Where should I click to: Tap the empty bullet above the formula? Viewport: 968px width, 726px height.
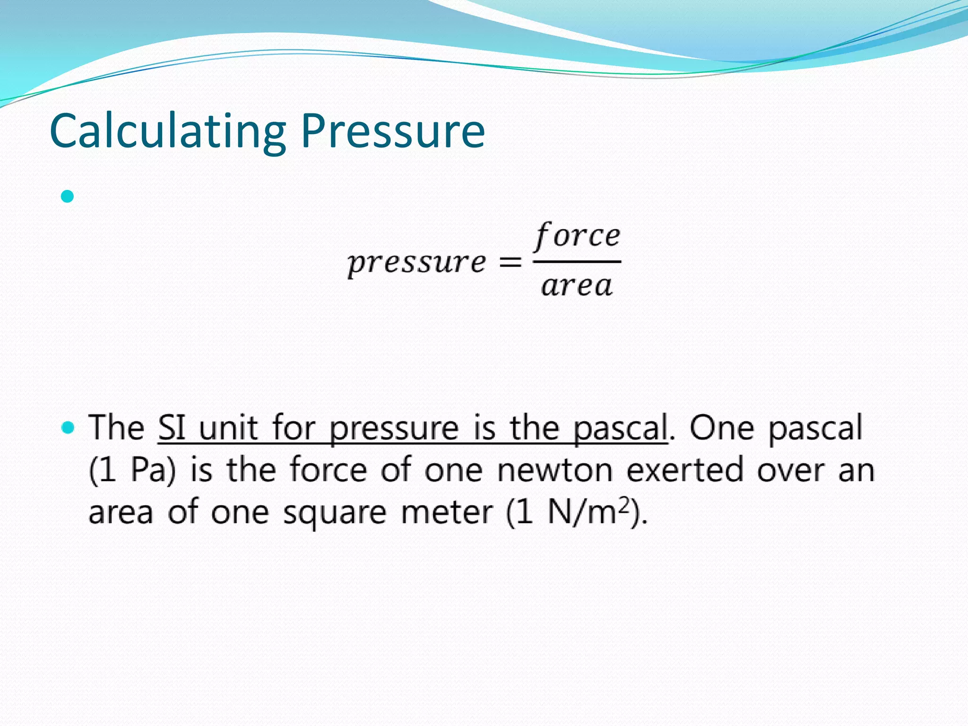(x=68, y=196)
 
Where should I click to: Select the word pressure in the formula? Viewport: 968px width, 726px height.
(x=416, y=263)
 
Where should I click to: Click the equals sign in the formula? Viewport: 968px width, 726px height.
(x=510, y=261)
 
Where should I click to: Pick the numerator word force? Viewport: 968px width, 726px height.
(x=577, y=236)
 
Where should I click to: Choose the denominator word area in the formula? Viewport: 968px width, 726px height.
(x=577, y=286)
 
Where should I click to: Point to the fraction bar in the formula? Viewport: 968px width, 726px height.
(x=577, y=261)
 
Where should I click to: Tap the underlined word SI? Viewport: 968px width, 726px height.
(x=172, y=428)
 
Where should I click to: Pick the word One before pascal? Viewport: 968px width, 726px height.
(x=722, y=428)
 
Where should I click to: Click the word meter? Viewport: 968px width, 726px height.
(x=447, y=513)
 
